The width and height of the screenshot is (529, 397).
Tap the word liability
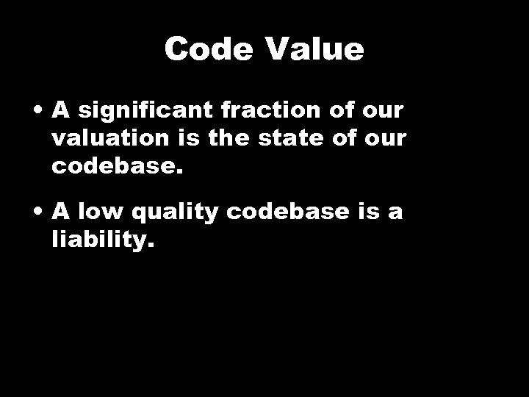click(x=104, y=240)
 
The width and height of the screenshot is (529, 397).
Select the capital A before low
click(x=61, y=213)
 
